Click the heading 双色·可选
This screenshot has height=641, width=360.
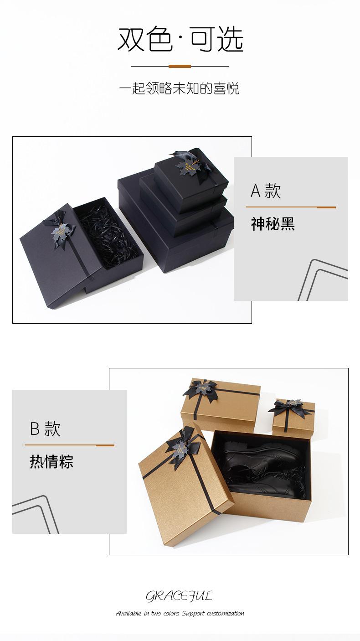pyautogui.click(x=180, y=39)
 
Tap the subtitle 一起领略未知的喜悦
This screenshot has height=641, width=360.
pyautogui.click(x=179, y=88)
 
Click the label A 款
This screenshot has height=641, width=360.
pyautogui.click(x=266, y=191)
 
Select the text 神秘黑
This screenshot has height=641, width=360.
pyautogui.click(x=273, y=224)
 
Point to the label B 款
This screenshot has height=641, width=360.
pyautogui.click(x=45, y=429)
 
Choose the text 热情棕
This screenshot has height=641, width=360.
pyautogui.click(x=51, y=462)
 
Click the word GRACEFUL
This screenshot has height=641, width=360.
pyautogui.click(x=179, y=596)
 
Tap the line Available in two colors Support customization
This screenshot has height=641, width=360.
pyautogui.click(x=180, y=613)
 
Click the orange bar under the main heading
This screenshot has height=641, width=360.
pyautogui.click(x=180, y=67)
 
